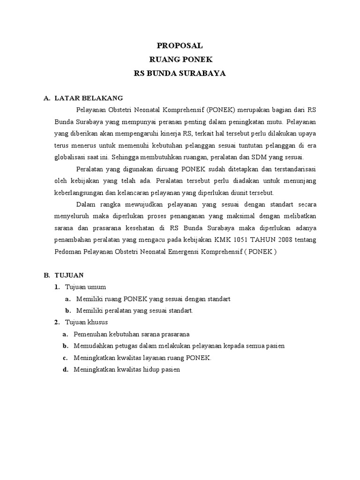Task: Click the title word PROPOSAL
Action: click(x=180, y=45)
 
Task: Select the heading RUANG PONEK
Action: click(x=180, y=60)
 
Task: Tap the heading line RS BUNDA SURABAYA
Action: click(x=180, y=74)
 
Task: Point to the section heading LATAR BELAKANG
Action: click(x=89, y=98)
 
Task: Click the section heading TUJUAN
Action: click(x=69, y=275)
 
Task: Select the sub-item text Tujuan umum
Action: click(x=86, y=286)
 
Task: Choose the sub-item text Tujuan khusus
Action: click(x=87, y=322)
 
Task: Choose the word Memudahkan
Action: click(x=94, y=345)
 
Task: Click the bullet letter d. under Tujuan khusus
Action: click(x=66, y=369)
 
